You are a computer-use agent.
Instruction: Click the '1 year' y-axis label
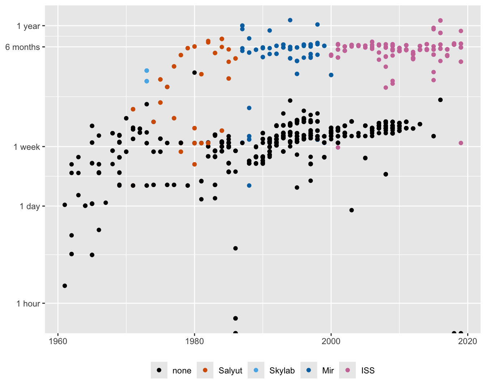point(28,26)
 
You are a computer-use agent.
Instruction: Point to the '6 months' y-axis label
point(22,47)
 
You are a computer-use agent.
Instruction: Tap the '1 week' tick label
point(27,147)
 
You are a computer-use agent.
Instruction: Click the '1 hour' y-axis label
point(28,304)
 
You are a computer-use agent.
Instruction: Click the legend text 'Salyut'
point(230,371)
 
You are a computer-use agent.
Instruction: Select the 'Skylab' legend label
point(282,371)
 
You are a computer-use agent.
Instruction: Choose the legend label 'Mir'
point(328,371)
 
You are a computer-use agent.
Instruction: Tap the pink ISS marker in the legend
point(348,370)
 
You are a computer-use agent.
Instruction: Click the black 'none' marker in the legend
point(159,370)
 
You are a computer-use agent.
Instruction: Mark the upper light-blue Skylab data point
point(146,71)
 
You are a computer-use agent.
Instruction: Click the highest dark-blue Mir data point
point(290,20)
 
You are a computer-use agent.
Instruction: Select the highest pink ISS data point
point(440,21)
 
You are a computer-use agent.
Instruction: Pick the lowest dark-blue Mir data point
point(249,186)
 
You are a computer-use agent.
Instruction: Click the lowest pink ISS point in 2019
point(461,143)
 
